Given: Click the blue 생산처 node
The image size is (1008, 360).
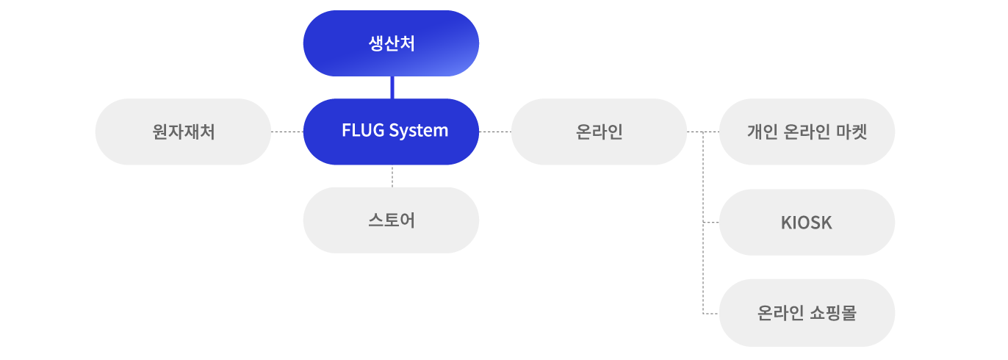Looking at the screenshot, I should point(391,44).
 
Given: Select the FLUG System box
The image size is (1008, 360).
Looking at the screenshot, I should point(391,132).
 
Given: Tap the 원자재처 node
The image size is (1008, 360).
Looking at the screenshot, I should point(183,132).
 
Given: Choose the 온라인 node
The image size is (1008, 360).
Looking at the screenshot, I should point(599,132).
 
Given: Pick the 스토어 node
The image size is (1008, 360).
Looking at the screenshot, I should point(391,220).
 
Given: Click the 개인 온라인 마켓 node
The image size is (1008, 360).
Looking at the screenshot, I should point(807,132).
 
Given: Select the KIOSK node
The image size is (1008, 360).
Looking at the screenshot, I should point(807,223).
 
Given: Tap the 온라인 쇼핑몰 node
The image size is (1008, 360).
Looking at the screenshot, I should point(807,313).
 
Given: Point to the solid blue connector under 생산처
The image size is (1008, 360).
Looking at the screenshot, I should point(392,87).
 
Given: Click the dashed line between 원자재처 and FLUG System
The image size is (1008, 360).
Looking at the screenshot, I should point(287,132).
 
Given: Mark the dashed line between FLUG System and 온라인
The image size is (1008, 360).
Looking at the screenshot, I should point(494,132).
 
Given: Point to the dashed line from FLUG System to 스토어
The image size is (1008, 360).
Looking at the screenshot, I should point(392,176).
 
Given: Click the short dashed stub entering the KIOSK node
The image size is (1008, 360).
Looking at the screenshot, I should point(710,222).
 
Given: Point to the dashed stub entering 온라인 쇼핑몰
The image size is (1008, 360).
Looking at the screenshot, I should point(710,314).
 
